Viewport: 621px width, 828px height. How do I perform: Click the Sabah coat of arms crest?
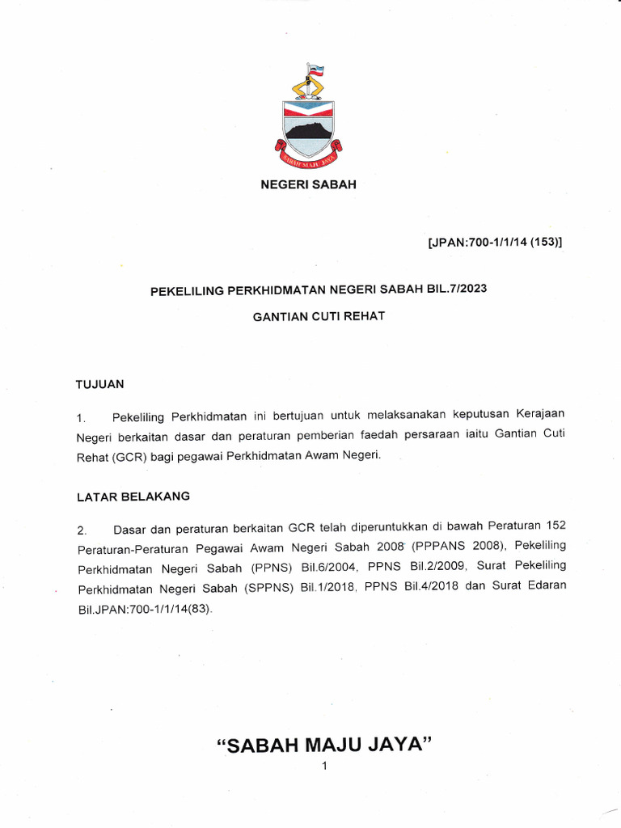(308, 121)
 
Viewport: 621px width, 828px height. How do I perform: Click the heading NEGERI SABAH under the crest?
(307, 184)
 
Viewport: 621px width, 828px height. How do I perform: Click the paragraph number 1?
(81, 418)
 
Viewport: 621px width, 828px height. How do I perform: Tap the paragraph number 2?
(82, 530)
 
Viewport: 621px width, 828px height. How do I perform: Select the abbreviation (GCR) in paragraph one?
(131, 457)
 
